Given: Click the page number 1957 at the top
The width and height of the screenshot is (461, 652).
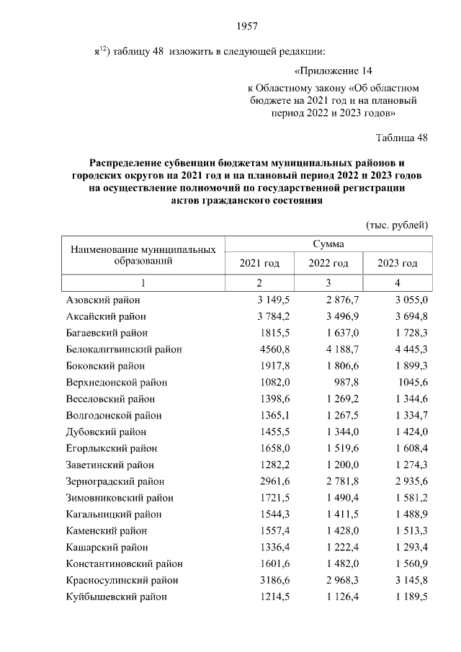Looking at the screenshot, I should [247, 27].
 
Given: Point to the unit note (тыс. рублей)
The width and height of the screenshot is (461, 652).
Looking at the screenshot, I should [398, 225].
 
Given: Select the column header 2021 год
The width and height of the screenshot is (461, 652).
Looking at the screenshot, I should [259, 263].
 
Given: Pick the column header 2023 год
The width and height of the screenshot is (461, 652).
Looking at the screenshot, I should [397, 263].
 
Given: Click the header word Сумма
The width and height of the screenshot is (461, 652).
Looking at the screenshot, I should [328, 244].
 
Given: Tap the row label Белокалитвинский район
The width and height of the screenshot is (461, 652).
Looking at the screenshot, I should [124, 349].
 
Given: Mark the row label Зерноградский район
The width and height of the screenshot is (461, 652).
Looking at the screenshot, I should [115, 482].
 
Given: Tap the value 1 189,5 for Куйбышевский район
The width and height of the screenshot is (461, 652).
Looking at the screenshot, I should [406, 597].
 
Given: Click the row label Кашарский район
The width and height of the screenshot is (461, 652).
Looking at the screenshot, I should [104, 548].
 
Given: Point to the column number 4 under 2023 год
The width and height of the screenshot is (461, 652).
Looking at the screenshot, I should [397, 282].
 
